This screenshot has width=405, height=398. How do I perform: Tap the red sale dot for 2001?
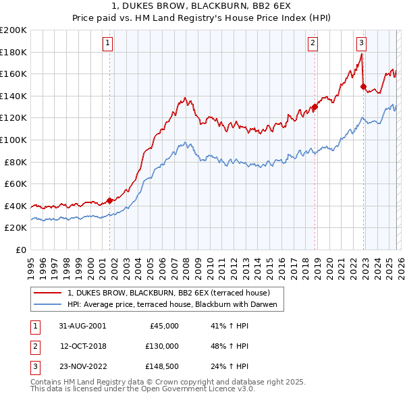(110, 200)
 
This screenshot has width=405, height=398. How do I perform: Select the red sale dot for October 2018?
(315, 107)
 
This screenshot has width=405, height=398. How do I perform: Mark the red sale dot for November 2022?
(364, 86)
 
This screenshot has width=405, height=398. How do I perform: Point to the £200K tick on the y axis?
(13, 30)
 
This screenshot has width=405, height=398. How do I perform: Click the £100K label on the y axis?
(13, 140)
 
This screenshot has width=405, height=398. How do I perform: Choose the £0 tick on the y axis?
(20, 250)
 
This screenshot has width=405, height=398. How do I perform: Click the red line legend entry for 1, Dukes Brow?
(169, 293)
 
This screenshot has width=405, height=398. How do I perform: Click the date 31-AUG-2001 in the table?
(82, 326)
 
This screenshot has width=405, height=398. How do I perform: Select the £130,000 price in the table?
(161, 346)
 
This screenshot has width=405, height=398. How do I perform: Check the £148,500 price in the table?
(161, 366)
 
